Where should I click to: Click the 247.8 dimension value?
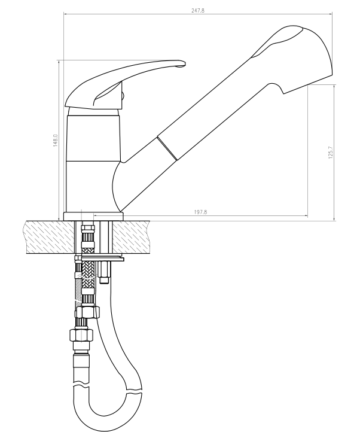[198, 11]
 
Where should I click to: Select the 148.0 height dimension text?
[55, 141]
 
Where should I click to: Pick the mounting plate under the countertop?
[99, 258]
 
